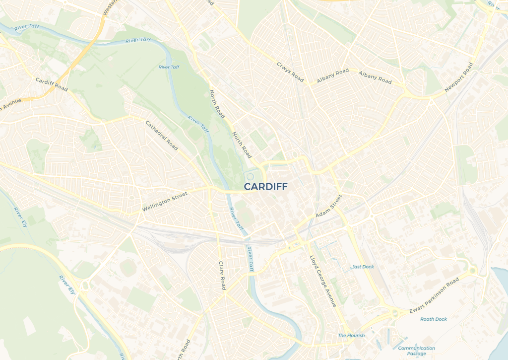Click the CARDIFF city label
point(265,186)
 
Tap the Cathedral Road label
point(162,135)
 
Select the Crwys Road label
point(290,72)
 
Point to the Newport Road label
point(459,77)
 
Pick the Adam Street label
point(329,206)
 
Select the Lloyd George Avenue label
point(323,281)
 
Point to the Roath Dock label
point(434,319)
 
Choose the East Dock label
point(363,267)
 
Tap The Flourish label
point(351,336)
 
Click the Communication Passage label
point(416,351)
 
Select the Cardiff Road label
point(52,84)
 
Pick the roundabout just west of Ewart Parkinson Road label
point(395,313)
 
